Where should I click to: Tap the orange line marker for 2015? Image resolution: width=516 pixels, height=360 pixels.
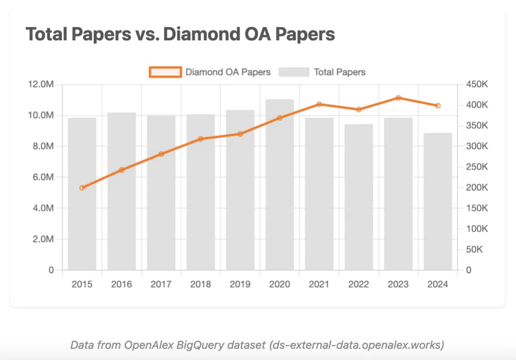(x=82, y=188)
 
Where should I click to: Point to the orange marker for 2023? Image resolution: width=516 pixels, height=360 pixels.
(x=398, y=98)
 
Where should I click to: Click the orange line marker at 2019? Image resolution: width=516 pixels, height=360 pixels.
(x=240, y=134)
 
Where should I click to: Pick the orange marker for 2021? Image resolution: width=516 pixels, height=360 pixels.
(x=319, y=104)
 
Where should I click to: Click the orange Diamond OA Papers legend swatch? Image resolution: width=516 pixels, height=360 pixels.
(x=165, y=72)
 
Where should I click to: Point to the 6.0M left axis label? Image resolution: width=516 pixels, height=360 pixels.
(x=43, y=177)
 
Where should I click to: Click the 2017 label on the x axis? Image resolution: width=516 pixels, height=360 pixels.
(x=161, y=284)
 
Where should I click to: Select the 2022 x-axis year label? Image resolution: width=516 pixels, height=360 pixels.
(x=358, y=284)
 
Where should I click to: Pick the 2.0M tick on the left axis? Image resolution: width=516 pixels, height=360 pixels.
(x=43, y=239)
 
